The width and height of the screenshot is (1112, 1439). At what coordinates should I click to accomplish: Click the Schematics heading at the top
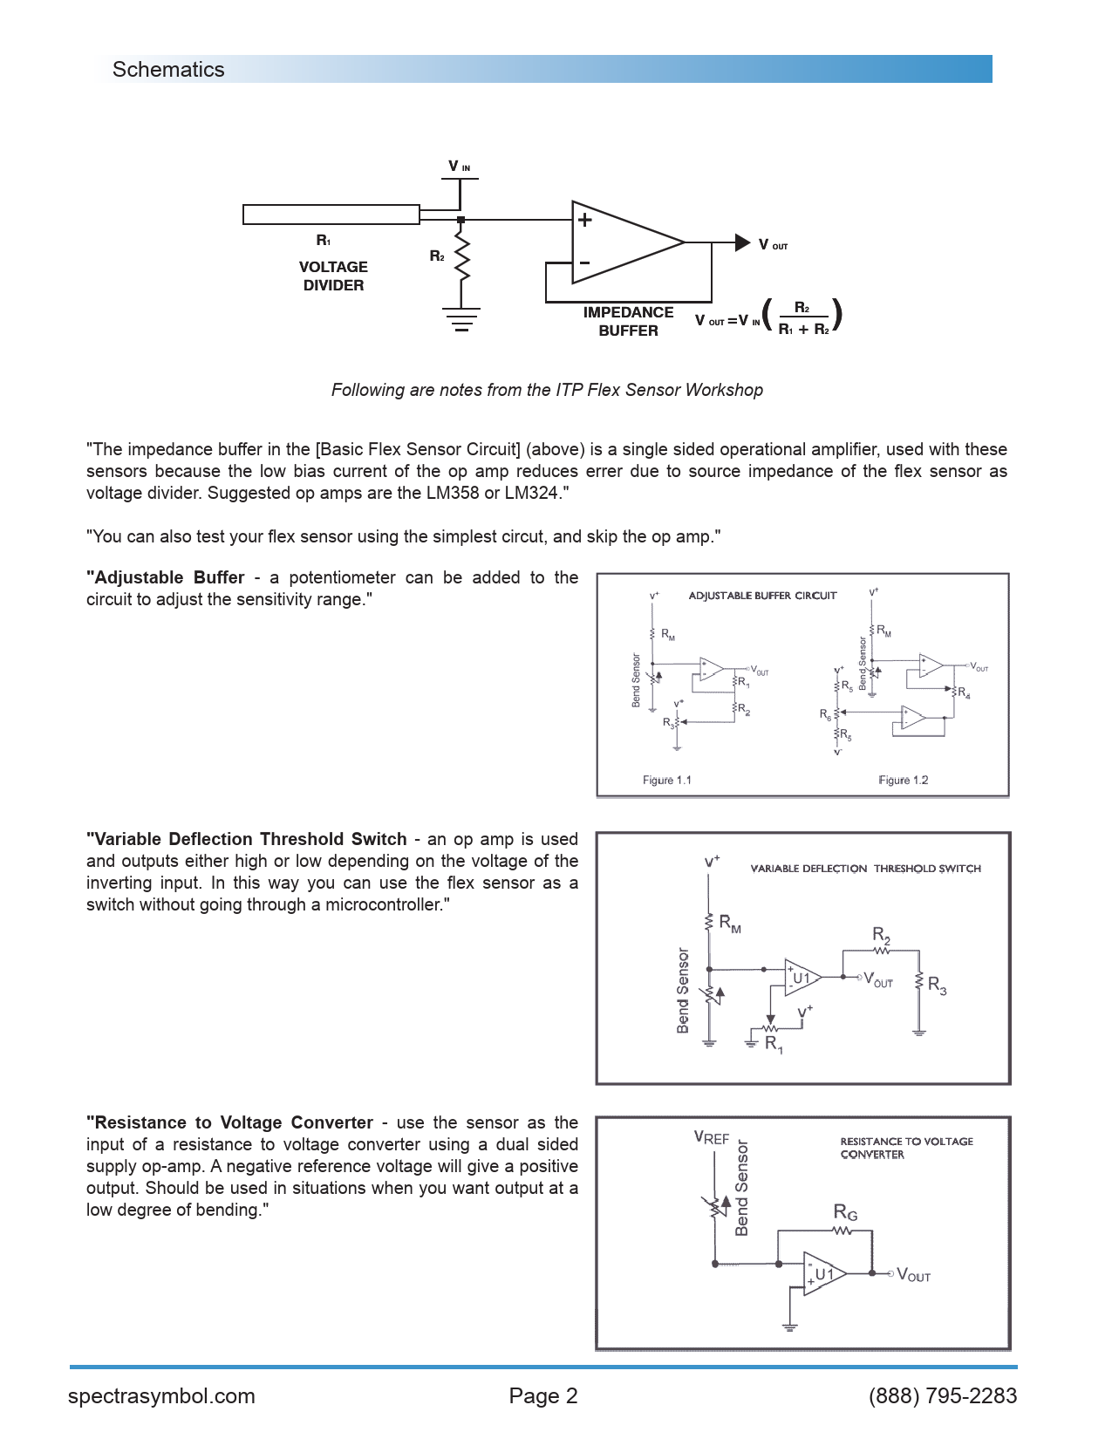coord(168,70)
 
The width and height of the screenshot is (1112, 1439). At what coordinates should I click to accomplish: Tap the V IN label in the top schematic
coord(459,167)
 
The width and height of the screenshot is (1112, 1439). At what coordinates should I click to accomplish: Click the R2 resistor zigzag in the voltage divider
coord(462,258)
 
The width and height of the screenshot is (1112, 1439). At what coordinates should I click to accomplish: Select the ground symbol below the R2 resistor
coord(461,319)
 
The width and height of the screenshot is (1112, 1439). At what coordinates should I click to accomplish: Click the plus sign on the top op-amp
coord(585,220)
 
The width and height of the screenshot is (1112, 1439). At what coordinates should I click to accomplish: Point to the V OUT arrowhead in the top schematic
coord(742,242)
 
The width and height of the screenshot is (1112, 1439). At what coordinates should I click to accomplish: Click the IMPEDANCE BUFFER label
coord(628,321)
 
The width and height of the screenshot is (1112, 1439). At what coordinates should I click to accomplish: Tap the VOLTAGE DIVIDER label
coord(333,276)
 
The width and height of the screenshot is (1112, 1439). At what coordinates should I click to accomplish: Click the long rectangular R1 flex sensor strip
coord(331,214)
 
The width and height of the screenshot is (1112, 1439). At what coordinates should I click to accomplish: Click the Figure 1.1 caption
coord(666,780)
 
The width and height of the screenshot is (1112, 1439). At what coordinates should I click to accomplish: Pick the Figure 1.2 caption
coord(903,780)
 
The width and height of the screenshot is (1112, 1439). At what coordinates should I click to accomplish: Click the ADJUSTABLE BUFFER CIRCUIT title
coord(762,596)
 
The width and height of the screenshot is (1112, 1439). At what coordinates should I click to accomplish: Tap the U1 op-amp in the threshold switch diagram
coord(802,978)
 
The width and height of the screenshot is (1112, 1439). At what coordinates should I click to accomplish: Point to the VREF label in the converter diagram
coord(711,1138)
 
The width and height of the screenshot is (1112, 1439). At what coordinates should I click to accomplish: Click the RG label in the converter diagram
coord(845,1212)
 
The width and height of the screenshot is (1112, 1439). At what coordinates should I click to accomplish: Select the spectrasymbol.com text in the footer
coord(161,1396)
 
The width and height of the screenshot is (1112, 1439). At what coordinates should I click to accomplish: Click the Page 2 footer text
coord(543,1396)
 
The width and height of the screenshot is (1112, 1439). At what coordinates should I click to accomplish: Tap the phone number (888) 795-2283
coord(943,1396)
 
